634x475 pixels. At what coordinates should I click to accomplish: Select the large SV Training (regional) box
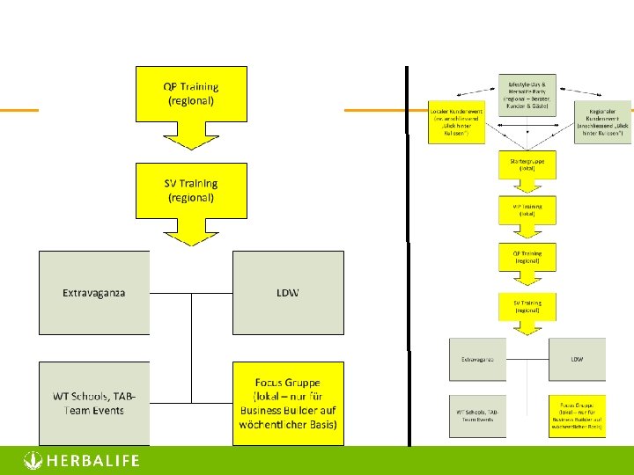(x=190, y=190)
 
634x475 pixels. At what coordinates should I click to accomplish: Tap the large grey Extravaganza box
(x=94, y=292)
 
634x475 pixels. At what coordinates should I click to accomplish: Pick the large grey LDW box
(x=287, y=292)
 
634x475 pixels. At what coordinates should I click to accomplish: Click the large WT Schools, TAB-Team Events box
(x=94, y=403)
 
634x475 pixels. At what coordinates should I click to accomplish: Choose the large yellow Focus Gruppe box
(x=287, y=403)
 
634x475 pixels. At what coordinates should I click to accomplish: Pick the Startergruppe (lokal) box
(x=527, y=164)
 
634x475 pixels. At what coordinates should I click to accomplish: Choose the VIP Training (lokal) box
(x=527, y=209)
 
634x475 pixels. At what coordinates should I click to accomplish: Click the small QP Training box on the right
(x=527, y=258)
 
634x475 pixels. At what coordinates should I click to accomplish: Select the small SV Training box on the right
(x=527, y=306)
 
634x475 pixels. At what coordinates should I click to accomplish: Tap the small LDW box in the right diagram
(x=577, y=360)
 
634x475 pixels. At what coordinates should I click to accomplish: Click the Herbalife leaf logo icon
(x=32, y=460)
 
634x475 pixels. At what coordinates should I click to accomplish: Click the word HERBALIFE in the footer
(x=92, y=461)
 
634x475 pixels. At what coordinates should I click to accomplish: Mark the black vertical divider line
(x=408, y=255)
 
